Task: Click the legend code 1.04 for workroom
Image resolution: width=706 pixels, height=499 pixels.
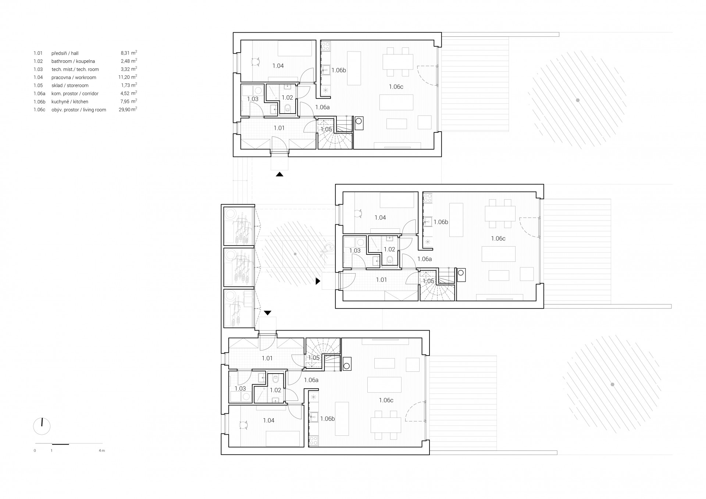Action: click(x=38, y=78)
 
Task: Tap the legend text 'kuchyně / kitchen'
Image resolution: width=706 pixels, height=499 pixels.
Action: click(x=70, y=102)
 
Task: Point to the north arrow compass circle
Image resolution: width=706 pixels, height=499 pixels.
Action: click(x=42, y=427)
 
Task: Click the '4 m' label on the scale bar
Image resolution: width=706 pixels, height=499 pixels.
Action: click(x=102, y=450)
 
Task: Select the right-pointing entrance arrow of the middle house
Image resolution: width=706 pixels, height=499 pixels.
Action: click(x=318, y=281)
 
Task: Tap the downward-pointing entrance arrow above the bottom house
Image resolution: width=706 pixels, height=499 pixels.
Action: click(x=268, y=313)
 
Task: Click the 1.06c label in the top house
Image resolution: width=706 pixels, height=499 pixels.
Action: click(x=396, y=87)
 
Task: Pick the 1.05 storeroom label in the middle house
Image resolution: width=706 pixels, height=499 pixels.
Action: click(x=428, y=281)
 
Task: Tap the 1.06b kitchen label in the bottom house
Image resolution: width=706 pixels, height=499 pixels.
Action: click(x=327, y=418)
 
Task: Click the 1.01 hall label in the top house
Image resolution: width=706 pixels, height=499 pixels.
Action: click(x=279, y=128)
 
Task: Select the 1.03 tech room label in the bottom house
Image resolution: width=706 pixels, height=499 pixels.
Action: click(x=240, y=389)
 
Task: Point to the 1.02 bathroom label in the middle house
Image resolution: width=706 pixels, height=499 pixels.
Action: click(x=389, y=249)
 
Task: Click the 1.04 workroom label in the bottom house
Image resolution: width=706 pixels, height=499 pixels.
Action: click(x=269, y=420)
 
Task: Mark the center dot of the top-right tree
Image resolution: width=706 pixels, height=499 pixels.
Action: click(x=578, y=100)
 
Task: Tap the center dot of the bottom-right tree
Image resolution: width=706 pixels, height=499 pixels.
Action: click(x=612, y=385)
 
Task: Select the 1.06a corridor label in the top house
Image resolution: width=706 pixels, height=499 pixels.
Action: click(x=322, y=107)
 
